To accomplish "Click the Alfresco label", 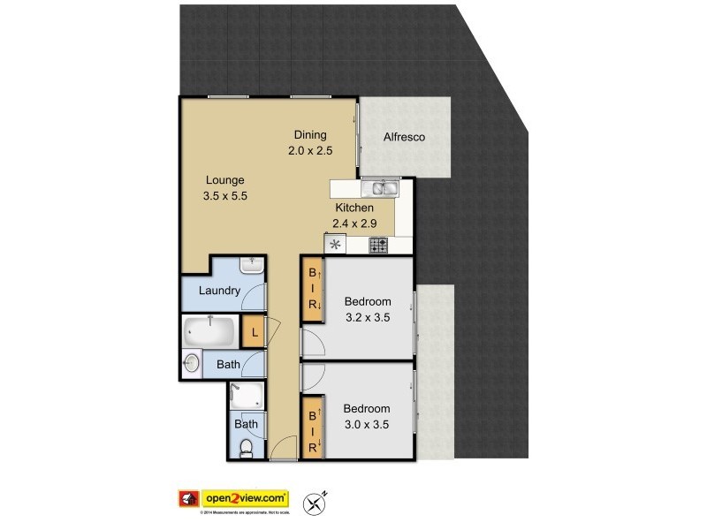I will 405,137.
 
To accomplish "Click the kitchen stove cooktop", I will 379,246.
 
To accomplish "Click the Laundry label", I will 219,291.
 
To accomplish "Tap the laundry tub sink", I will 252,264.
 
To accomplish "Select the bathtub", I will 210,332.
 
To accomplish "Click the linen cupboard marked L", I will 254,332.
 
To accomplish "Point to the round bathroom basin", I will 193,362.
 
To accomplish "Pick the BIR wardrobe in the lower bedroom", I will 312,426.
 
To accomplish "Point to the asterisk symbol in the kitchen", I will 336,246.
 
